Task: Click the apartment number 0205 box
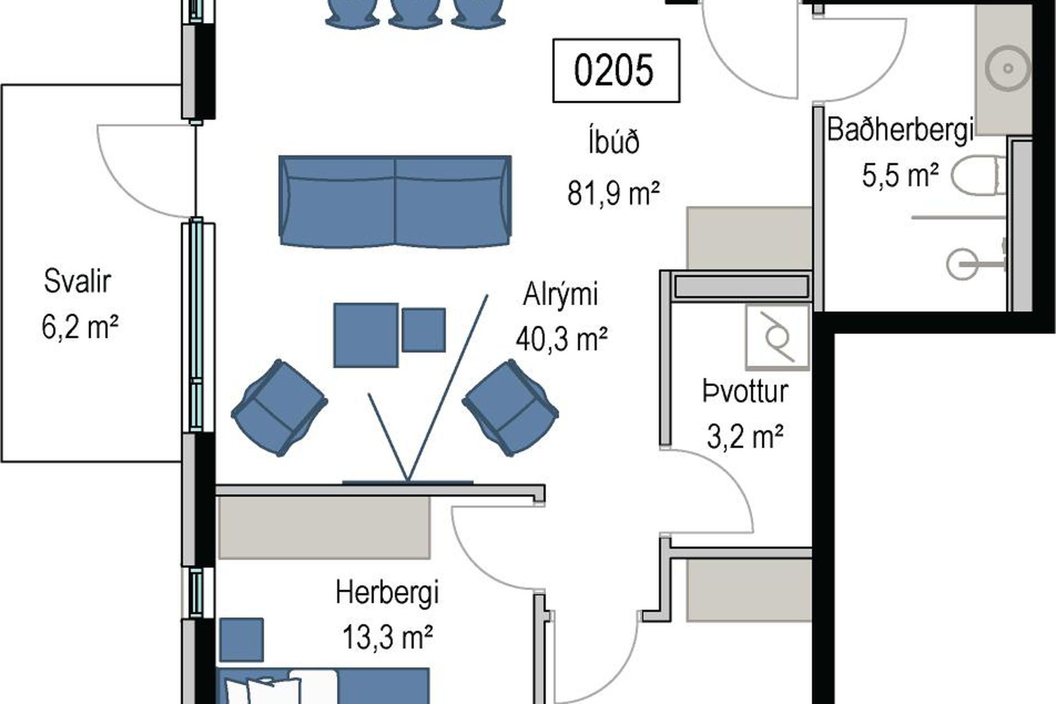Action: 616,70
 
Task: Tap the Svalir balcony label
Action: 77,281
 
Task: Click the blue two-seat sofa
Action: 395,201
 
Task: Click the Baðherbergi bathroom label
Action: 900,130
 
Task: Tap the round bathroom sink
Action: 1008,69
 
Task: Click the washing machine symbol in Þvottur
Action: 777,337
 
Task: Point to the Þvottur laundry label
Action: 745,392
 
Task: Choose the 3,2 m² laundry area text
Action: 745,437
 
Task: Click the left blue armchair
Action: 279,408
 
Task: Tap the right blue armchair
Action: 510,408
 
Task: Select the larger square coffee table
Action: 366,335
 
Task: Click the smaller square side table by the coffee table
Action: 424,330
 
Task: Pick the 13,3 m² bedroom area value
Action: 387,638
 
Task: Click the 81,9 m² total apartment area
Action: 613,193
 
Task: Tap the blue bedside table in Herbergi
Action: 241,640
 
